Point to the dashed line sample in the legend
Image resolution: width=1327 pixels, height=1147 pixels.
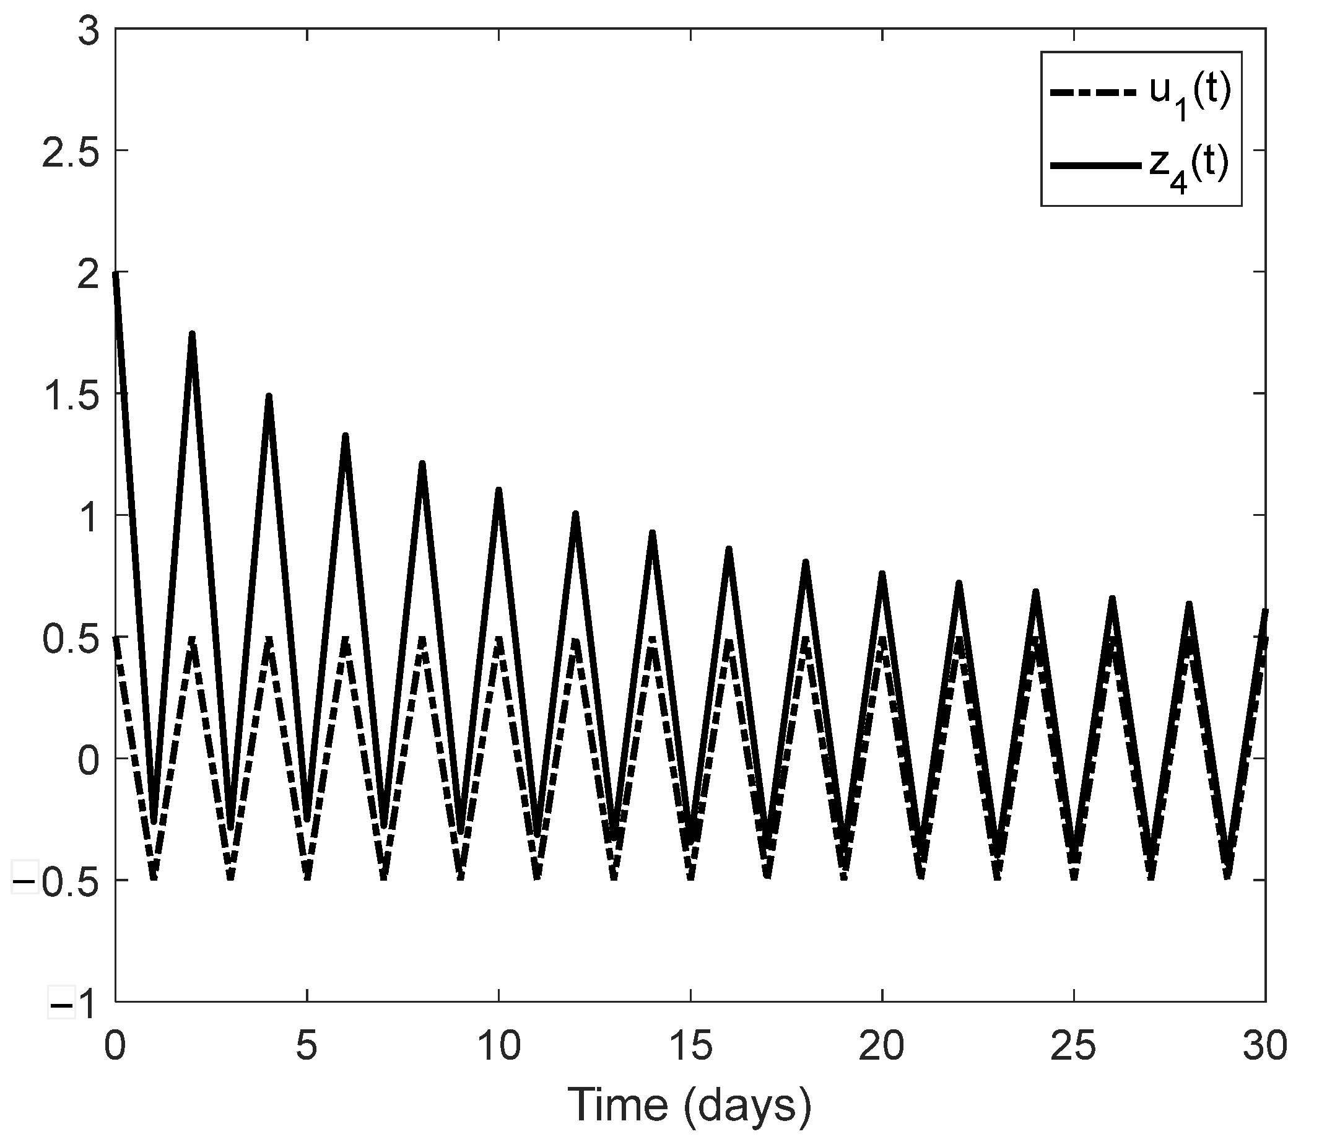(x=1095, y=94)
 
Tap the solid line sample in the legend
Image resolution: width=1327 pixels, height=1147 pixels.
(x=1095, y=165)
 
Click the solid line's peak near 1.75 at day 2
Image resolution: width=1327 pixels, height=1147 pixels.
(x=192, y=334)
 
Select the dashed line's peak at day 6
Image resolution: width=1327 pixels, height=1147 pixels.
(x=345, y=639)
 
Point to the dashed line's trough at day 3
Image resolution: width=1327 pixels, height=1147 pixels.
(x=230, y=878)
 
